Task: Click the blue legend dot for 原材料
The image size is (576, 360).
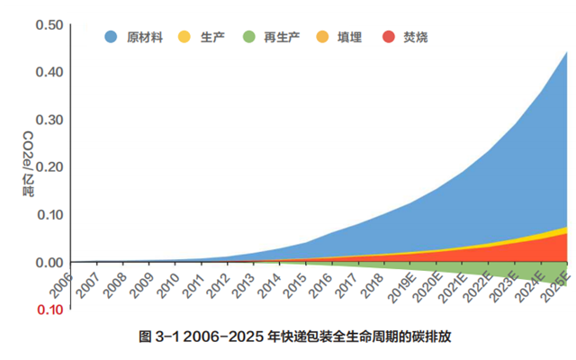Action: pos(112,37)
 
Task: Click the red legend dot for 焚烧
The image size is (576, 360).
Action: pos(388,37)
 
